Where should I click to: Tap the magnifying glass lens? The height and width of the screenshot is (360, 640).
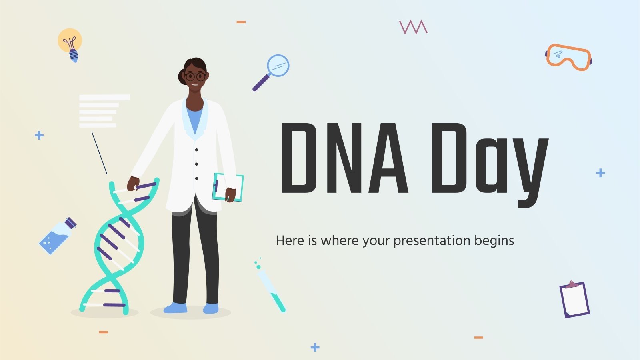pos(278,65)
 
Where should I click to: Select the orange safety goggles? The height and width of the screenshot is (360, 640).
pos(568,57)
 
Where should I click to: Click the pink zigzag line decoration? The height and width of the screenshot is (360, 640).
pos(413,27)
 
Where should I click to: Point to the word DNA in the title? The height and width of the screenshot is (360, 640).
pos(344,158)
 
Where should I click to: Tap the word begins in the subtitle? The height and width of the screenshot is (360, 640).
pos(494,241)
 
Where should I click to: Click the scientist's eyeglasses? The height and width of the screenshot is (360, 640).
pos(195,76)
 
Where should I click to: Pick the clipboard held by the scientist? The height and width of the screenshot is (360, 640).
pos(228,187)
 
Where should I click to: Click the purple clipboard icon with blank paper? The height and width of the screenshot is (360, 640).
pos(574,300)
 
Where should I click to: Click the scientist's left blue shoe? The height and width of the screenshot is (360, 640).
pos(176,308)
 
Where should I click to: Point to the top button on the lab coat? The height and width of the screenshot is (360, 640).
pos(196,150)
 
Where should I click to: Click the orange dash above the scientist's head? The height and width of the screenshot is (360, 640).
pos(241,22)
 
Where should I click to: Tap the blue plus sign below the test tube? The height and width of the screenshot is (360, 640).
pos(315,347)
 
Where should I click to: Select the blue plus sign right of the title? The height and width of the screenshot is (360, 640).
pos(600,173)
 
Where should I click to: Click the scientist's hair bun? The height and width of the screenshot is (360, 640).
pos(182,76)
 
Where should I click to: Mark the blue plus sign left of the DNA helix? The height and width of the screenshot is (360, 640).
pos(39,135)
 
